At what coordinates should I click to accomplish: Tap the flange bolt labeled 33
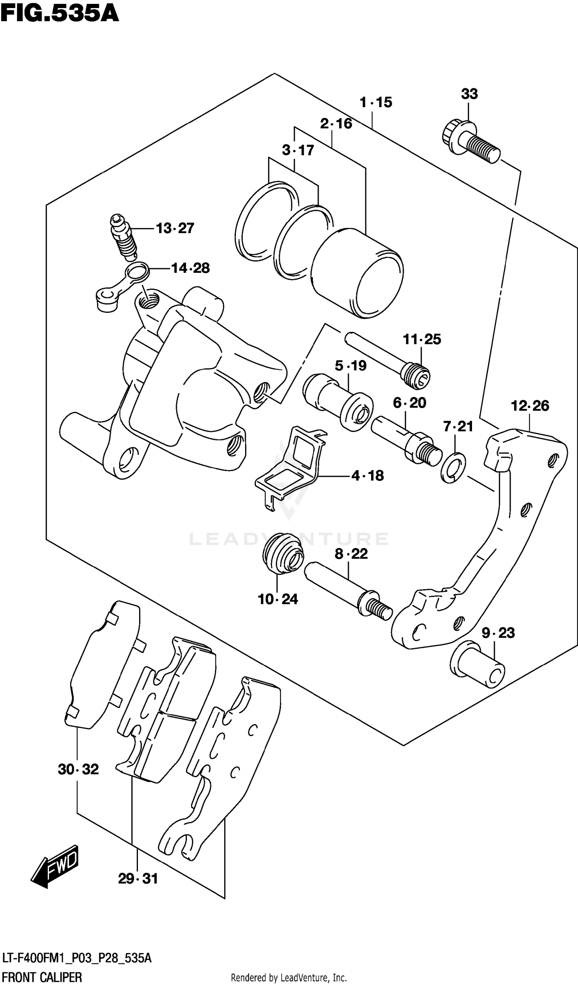471,143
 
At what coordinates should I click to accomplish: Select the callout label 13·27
175,228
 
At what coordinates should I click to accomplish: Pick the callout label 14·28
190,268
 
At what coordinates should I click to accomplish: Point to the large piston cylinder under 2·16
358,274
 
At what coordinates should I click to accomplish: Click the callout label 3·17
298,150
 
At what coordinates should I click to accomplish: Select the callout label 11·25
422,339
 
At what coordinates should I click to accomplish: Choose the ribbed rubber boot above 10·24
283,553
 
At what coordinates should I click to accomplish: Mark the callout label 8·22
351,554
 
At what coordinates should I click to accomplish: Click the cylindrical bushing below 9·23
477,664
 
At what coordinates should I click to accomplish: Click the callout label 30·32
78,769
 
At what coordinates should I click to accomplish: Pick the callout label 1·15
376,103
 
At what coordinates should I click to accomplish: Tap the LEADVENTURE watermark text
288,539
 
